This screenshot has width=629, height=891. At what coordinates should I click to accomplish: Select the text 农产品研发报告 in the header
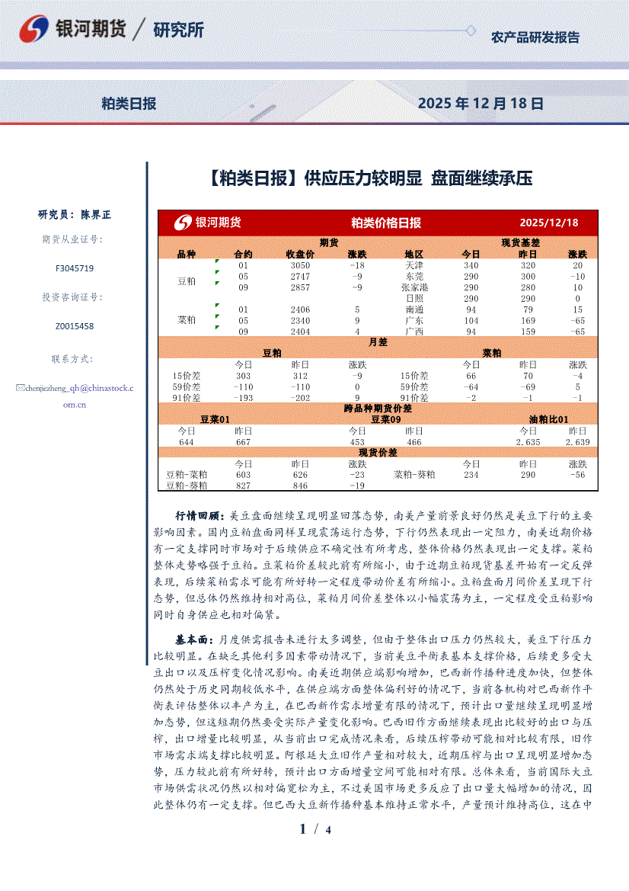pyautogui.click(x=535, y=37)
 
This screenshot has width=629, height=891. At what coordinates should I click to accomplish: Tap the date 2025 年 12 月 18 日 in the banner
pyautogui.click(x=481, y=104)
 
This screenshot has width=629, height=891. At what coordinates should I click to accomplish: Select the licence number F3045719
pyautogui.click(x=75, y=268)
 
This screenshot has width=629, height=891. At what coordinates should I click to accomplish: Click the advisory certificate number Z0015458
pyautogui.click(x=75, y=326)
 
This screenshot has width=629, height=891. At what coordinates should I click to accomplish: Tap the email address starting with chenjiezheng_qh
pyautogui.click(x=75, y=388)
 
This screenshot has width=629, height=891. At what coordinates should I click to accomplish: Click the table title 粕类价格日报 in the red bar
pyautogui.click(x=385, y=223)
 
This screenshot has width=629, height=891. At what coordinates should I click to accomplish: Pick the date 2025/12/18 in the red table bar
pyautogui.click(x=548, y=223)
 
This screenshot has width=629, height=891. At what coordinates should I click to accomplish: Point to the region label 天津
pyautogui.click(x=414, y=265)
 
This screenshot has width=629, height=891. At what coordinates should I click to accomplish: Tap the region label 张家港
pyautogui.click(x=414, y=287)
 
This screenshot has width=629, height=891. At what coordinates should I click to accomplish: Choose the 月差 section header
pyautogui.click(x=378, y=342)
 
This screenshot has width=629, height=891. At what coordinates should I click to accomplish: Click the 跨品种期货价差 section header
pyautogui.click(x=378, y=409)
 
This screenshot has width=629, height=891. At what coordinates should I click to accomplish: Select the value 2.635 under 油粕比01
pyautogui.click(x=528, y=442)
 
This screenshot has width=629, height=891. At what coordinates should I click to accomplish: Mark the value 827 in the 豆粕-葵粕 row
pyautogui.click(x=243, y=486)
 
